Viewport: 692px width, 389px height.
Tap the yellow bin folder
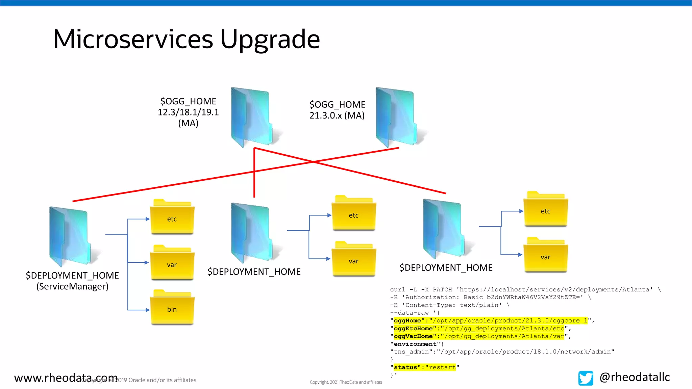pyautogui.click(x=172, y=307)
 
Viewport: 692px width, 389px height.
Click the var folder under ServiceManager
pyautogui.click(x=172, y=263)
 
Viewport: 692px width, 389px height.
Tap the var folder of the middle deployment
pyautogui.click(x=353, y=259)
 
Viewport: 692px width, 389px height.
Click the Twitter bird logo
pyautogui.click(x=586, y=378)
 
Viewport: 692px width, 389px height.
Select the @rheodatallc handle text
pyautogui.click(x=635, y=377)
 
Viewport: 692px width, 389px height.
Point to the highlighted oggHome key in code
pyautogui.click(x=407, y=320)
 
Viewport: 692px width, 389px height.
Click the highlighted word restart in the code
pyautogui.click(x=442, y=367)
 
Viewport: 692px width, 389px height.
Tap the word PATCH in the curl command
pyautogui.click(x=442, y=289)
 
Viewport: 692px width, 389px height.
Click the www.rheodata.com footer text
pyautogui.click(x=66, y=378)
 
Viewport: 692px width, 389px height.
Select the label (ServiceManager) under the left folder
pyautogui.click(x=72, y=286)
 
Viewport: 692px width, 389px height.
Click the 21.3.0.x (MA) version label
pyautogui.click(x=337, y=115)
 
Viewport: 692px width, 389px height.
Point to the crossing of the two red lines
pyautogui.click(x=313, y=162)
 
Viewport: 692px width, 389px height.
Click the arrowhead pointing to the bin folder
pyautogui.click(x=147, y=310)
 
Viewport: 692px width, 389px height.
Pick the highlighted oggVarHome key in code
pyautogui.click(x=413, y=336)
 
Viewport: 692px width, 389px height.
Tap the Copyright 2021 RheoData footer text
pyautogui.click(x=346, y=382)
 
